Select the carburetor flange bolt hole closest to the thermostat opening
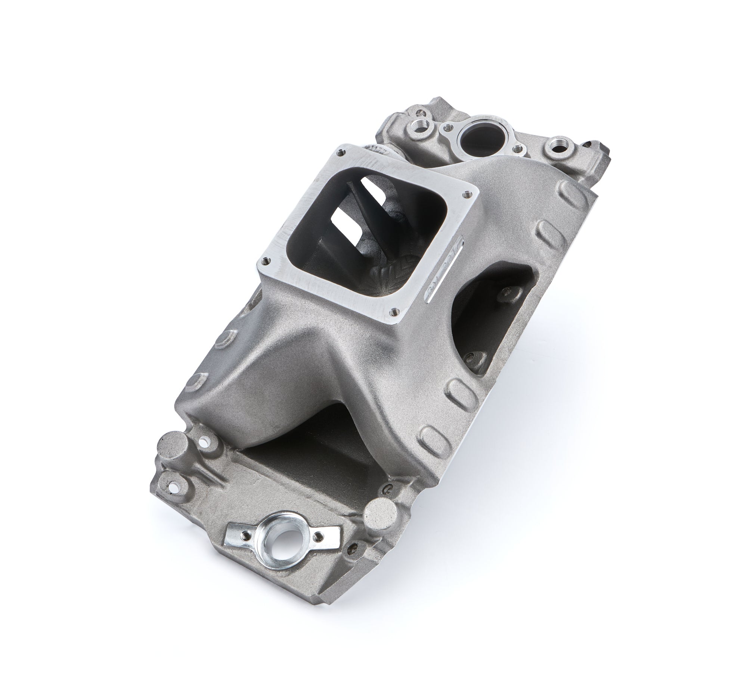[467, 194]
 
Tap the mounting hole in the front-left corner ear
[173, 487]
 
